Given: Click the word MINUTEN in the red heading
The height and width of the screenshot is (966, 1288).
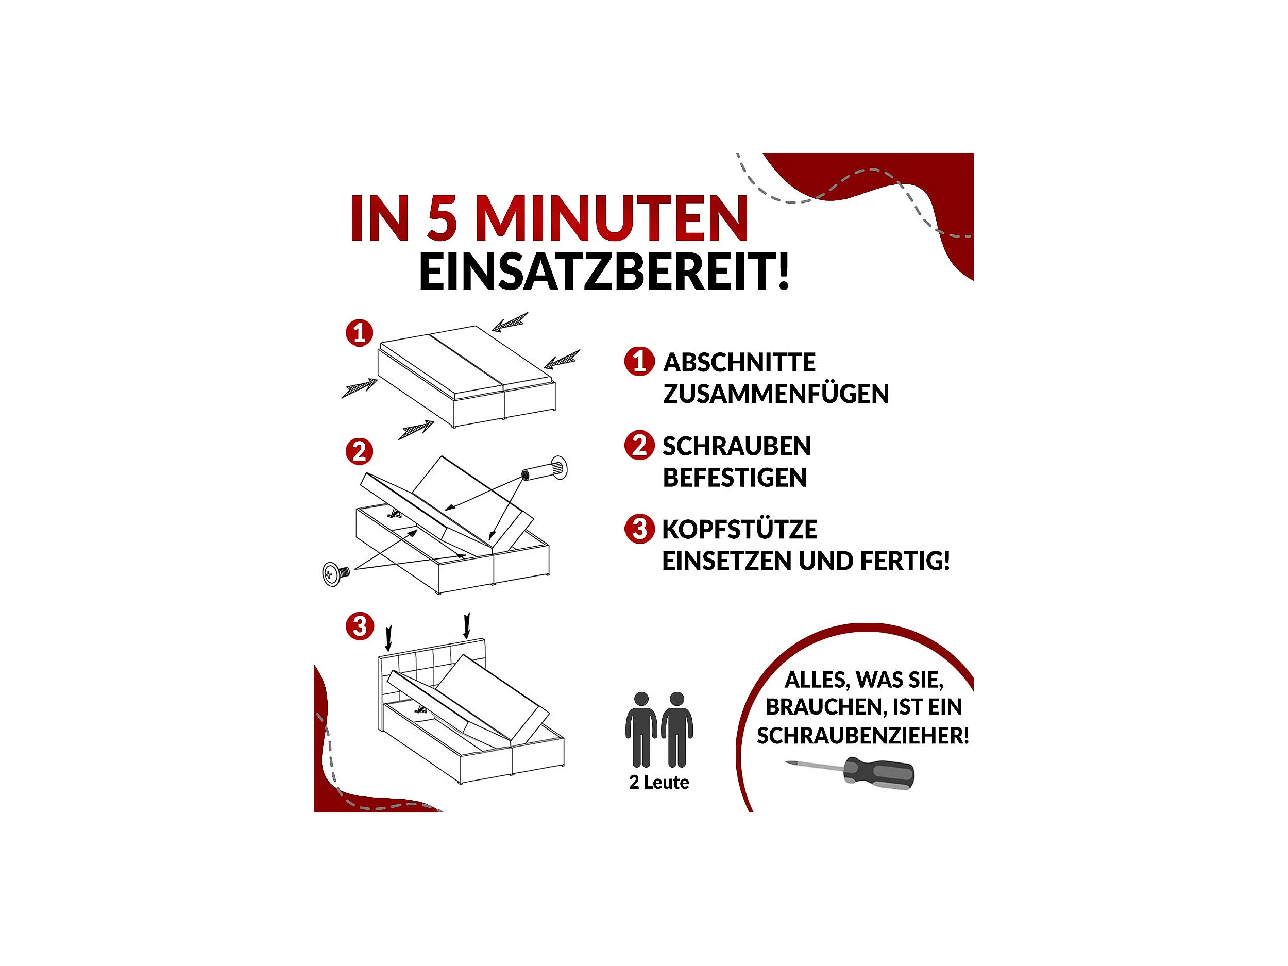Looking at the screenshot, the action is pyautogui.click(x=612, y=218).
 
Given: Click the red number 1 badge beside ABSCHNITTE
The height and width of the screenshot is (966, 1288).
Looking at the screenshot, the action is pyautogui.click(x=639, y=362).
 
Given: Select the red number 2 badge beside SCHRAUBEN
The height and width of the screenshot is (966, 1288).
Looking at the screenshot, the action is pyautogui.click(x=639, y=446).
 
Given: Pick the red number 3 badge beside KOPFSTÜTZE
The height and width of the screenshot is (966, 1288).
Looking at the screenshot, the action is pyautogui.click(x=639, y=529).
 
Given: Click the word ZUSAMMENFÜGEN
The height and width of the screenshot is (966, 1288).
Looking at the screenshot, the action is pyautogui.click(x=775, y=394).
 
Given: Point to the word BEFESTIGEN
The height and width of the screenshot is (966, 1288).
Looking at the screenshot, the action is pyautogui.click(x=735, y=478).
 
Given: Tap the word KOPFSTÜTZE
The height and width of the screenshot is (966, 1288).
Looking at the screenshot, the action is pyautogui.click(x=739, y=529).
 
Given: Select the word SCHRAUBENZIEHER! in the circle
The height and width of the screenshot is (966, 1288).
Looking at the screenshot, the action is pyautogui.click(x=863, y=736).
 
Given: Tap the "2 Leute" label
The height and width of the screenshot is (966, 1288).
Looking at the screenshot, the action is pyautogui.click(x=658, y=782).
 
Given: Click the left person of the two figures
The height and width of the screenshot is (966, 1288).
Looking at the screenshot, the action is pyautogui.click(x=641, y=730).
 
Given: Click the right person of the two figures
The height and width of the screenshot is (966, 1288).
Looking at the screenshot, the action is pyautogui.click(x=676, y=730).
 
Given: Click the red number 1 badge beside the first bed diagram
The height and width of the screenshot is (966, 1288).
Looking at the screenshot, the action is pyautogui.click(x=359, y=333).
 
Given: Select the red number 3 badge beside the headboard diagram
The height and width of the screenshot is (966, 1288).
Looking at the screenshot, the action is pyautogui.click(x=359, y=626).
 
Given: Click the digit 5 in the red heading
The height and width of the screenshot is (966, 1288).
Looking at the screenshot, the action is pyautogui.click(x=442, y=218).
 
